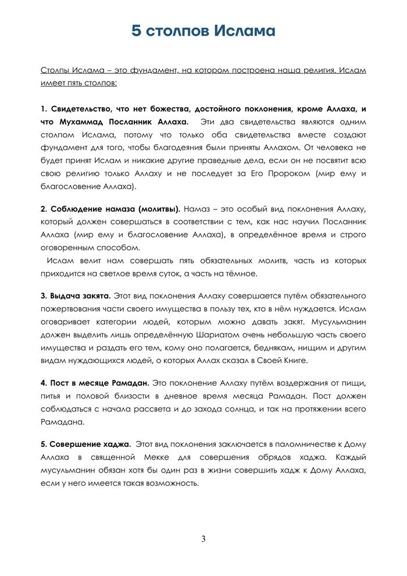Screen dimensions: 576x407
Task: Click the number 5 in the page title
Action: tap(137, 31)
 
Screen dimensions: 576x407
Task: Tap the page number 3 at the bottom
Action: tap(203, 539)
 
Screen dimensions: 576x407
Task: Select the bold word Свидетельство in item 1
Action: tap(81, 109)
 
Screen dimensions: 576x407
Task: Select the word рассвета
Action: tap(160, 408)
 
